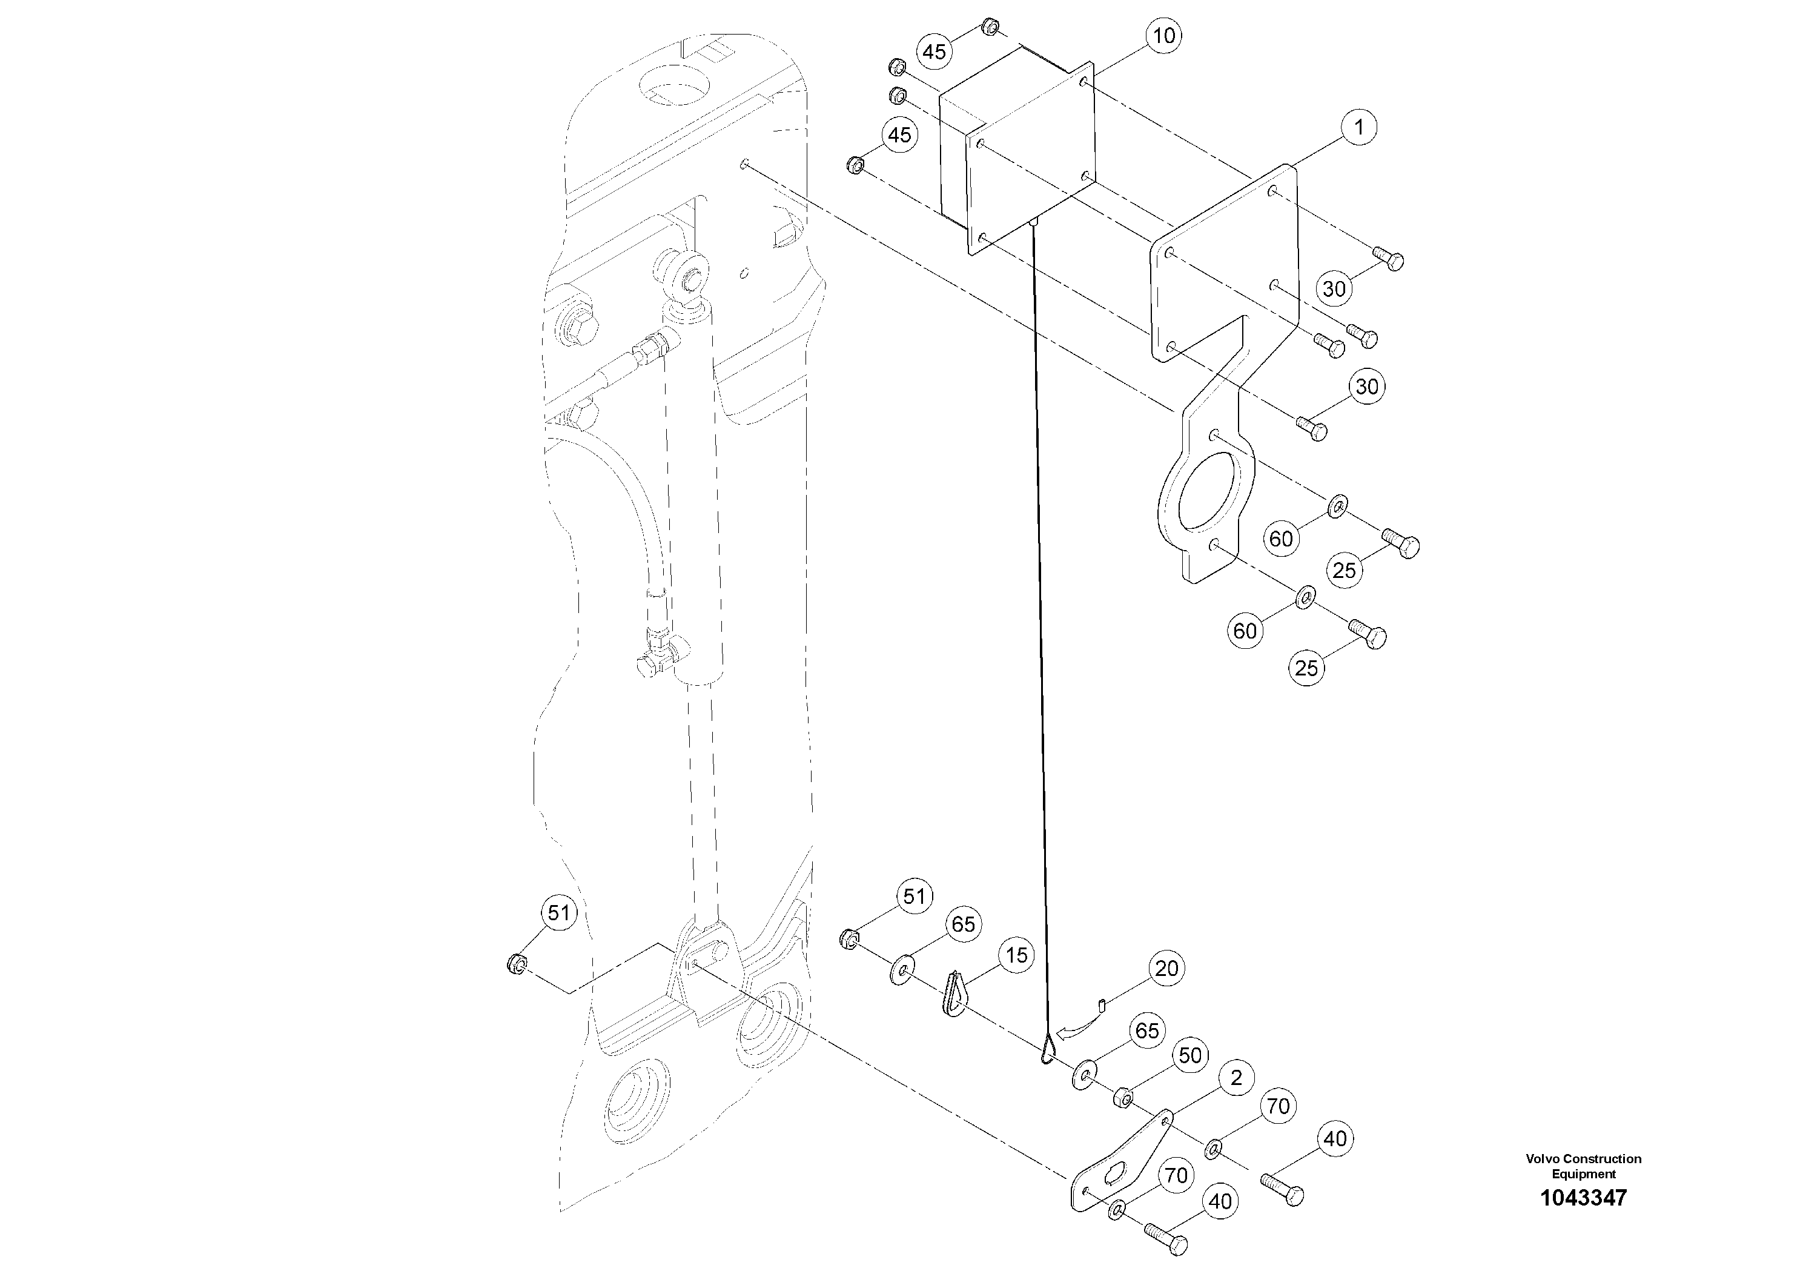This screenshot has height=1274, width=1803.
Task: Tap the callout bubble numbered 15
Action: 1016,955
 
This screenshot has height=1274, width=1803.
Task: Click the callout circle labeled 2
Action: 1236,1078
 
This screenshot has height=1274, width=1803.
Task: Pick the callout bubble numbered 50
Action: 1191,1055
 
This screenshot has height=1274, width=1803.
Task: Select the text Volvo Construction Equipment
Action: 1583,1166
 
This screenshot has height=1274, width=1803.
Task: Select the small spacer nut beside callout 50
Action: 1123,1097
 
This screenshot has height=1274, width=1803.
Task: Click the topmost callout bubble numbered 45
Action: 934,52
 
